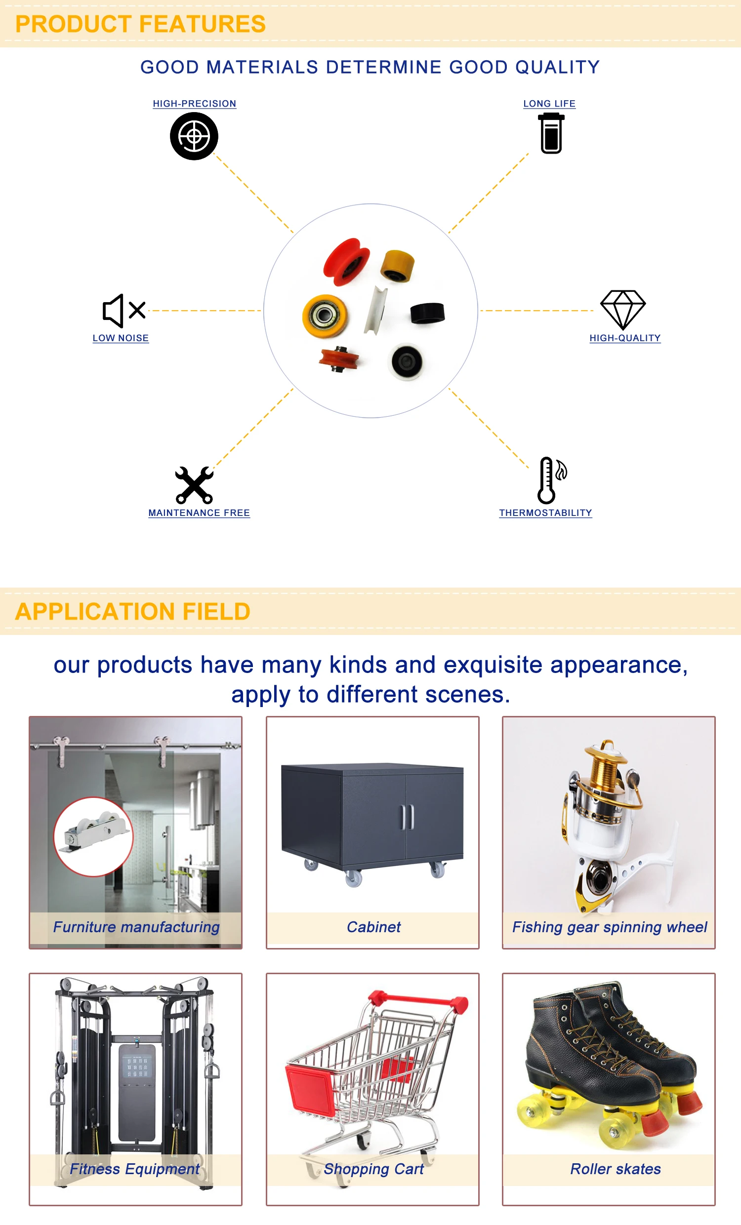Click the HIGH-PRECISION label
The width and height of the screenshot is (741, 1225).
(195, 103)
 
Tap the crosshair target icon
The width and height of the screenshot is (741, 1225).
(194, 136)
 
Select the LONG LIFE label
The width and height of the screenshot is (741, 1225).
(549, 103)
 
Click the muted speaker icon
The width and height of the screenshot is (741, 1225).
(123, 311)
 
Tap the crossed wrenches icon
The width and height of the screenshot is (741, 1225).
(195, 485)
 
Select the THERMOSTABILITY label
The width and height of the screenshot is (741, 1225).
(545, 513)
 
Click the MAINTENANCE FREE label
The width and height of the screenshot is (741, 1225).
(199, 513)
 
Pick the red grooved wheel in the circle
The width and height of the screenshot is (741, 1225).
(346, 262)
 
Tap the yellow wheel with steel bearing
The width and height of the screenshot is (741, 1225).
(325, 315)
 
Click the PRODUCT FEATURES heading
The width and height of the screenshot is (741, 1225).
(140, 24)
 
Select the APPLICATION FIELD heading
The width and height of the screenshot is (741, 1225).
(132, 611)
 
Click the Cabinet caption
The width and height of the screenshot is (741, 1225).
(373, 927)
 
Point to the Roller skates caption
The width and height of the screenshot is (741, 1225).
(615, 1169)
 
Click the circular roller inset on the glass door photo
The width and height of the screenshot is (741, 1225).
(93, 837)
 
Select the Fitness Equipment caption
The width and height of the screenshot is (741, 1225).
(134, 1169)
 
